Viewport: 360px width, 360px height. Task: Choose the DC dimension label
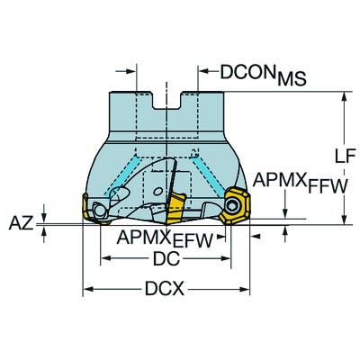tap(164, 258)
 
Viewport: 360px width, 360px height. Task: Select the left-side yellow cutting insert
tap(92, 209)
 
